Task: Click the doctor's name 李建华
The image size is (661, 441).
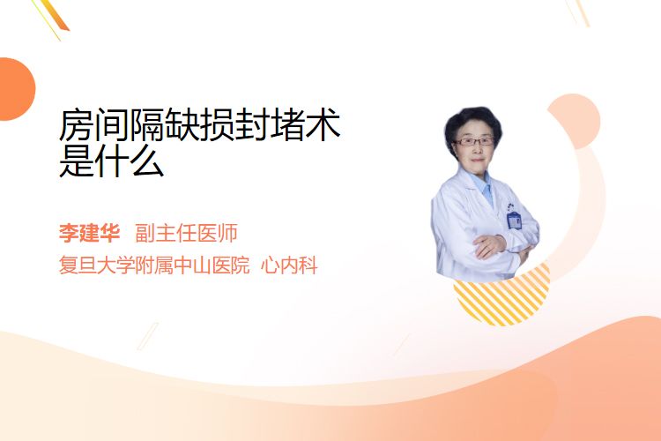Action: point(89,233)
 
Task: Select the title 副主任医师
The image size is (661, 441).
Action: point(186,233)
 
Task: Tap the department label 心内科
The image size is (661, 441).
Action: point(289,265)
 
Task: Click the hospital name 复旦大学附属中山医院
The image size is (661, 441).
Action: point(154,265)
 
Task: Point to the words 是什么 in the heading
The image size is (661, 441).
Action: point(112,161)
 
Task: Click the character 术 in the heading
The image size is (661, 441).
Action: point(323,124)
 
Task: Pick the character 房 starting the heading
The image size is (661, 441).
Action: point(77,124)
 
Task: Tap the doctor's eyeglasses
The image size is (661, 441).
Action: point(474,141)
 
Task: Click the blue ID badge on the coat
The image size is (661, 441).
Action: point(515,220)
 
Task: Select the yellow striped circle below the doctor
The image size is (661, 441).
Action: point(502,295)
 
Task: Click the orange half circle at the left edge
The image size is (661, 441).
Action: point(16,89)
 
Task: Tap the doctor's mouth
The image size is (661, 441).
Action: point(477,160)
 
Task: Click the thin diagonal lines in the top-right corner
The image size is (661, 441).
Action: point(578,12)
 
